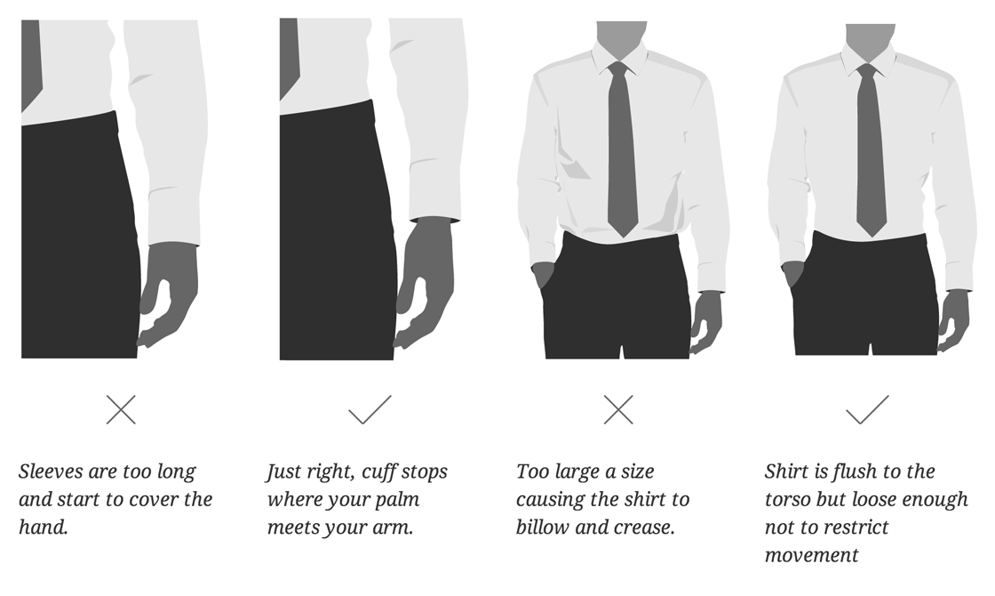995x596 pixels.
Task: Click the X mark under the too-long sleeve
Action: click(121, 409)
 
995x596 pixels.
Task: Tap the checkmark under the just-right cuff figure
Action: click(370, 409)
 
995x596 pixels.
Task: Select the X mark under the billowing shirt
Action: click(618, 409)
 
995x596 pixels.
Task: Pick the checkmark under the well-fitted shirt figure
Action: click(867, 409)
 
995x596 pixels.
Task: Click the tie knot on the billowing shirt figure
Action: click(618, 69)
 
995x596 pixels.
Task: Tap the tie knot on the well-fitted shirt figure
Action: click(867, 70)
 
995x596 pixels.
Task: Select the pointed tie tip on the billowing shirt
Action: click(623, 230)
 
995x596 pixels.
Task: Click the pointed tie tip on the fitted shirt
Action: click(872, 230)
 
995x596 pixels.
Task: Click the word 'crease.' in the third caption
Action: click(644, 528)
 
